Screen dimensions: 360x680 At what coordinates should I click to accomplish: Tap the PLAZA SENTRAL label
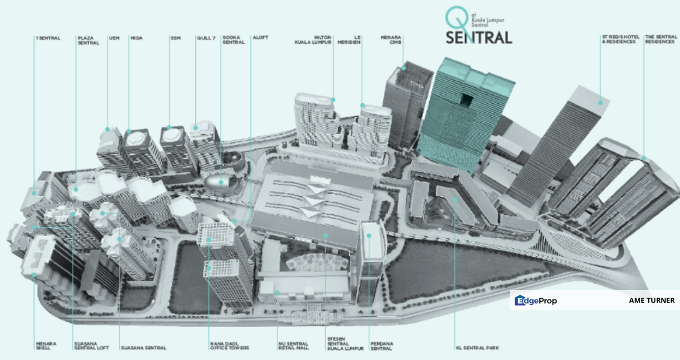coord(88,40)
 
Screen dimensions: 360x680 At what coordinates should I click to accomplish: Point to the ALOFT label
coord(260,38)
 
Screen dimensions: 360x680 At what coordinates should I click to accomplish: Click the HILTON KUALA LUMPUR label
coord(313,40)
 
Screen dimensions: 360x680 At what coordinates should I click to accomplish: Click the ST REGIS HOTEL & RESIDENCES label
coord(619,39)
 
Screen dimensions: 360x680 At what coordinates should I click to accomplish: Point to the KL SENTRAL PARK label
coord(477,347)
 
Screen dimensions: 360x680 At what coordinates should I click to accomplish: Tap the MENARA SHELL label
coord(46,345)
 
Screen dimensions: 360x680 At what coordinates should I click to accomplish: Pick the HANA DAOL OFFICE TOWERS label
coord(229,345)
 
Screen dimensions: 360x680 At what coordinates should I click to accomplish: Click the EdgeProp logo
coord(536,300)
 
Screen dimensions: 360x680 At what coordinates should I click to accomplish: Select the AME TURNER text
coord(652,300)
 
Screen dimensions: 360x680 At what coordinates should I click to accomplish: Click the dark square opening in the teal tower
coord(467,100)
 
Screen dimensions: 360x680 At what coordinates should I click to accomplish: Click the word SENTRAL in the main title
coord(479,37)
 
